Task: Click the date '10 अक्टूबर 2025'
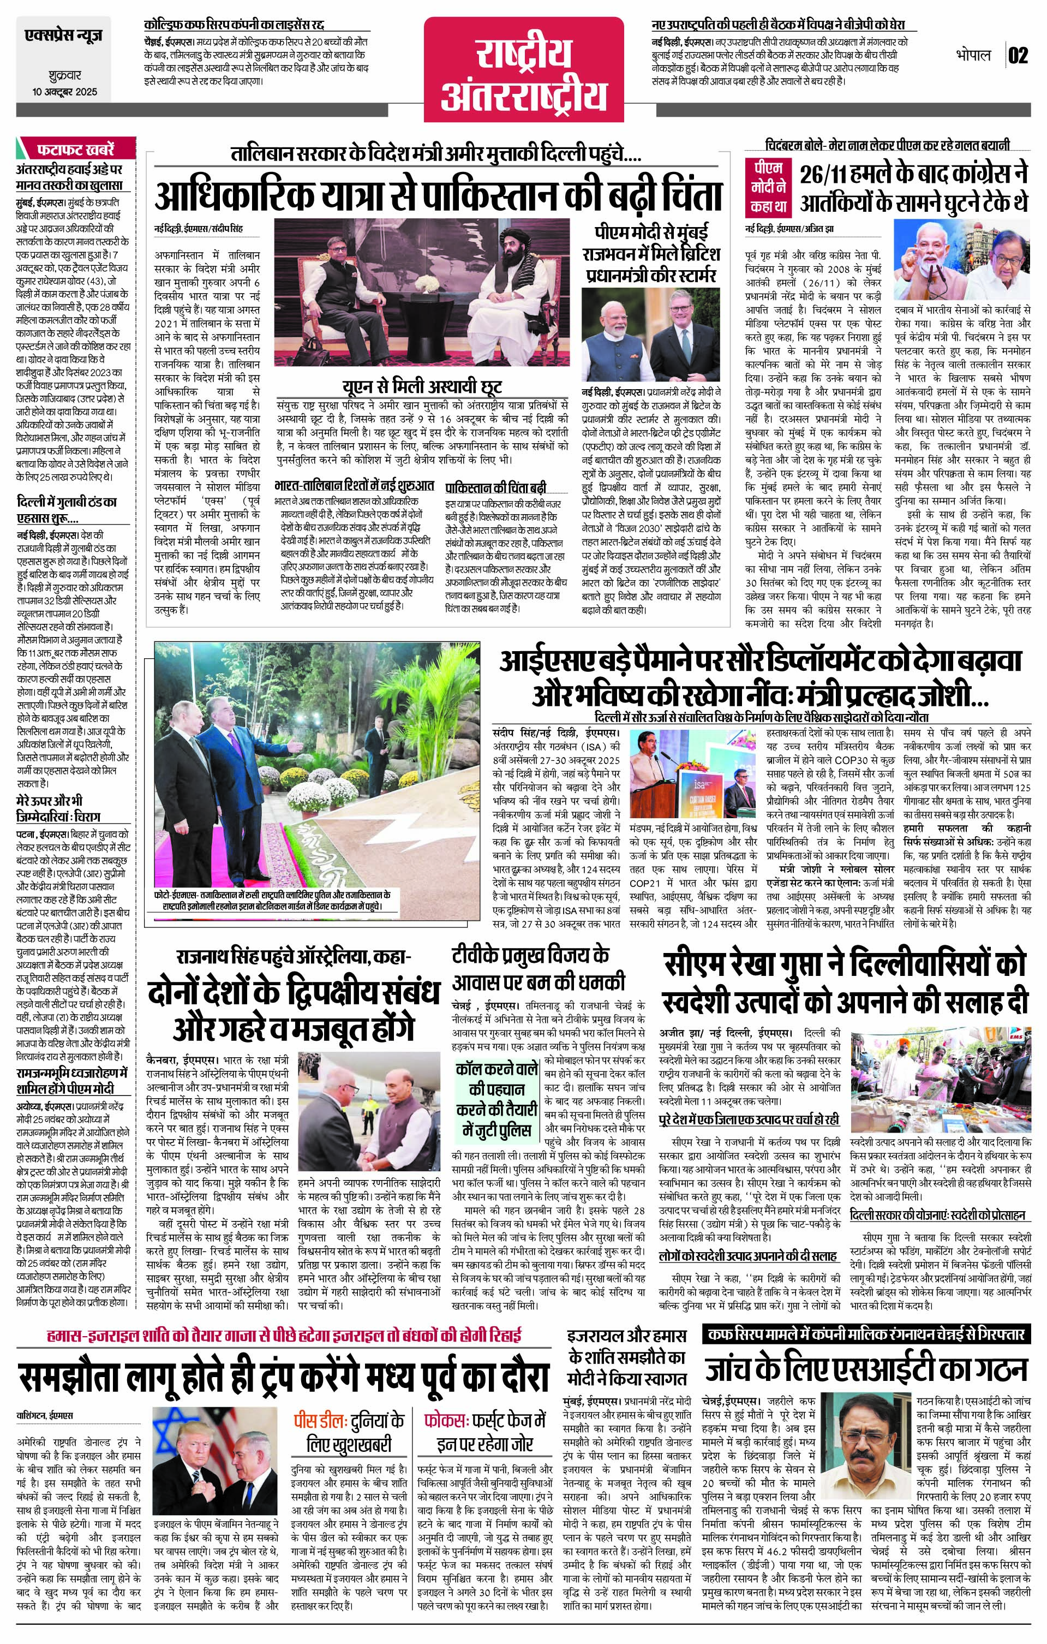coord(64,92)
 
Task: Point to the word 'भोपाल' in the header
coord(973,55)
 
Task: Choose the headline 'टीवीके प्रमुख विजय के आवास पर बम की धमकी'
coord(539,969)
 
